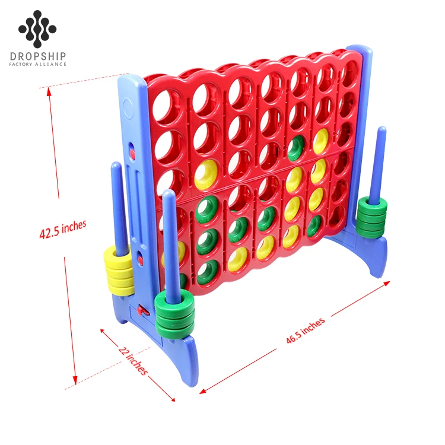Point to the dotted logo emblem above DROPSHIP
37,28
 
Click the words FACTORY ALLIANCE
38,65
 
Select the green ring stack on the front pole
172,311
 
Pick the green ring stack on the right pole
372,217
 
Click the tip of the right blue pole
382,130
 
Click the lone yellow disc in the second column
206,172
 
